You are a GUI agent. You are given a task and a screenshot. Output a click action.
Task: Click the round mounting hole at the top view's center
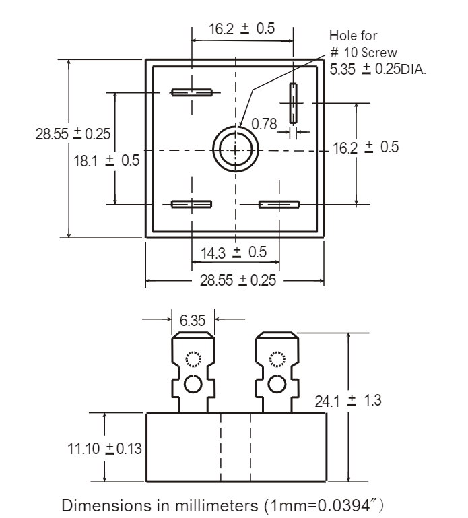(234, 149)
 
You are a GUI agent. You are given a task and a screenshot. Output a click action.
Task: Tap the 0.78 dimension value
(265, 123)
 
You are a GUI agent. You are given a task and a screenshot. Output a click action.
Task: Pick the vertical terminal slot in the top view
(294, 102)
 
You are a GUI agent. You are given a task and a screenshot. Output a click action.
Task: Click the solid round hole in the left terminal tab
(193, 384)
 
